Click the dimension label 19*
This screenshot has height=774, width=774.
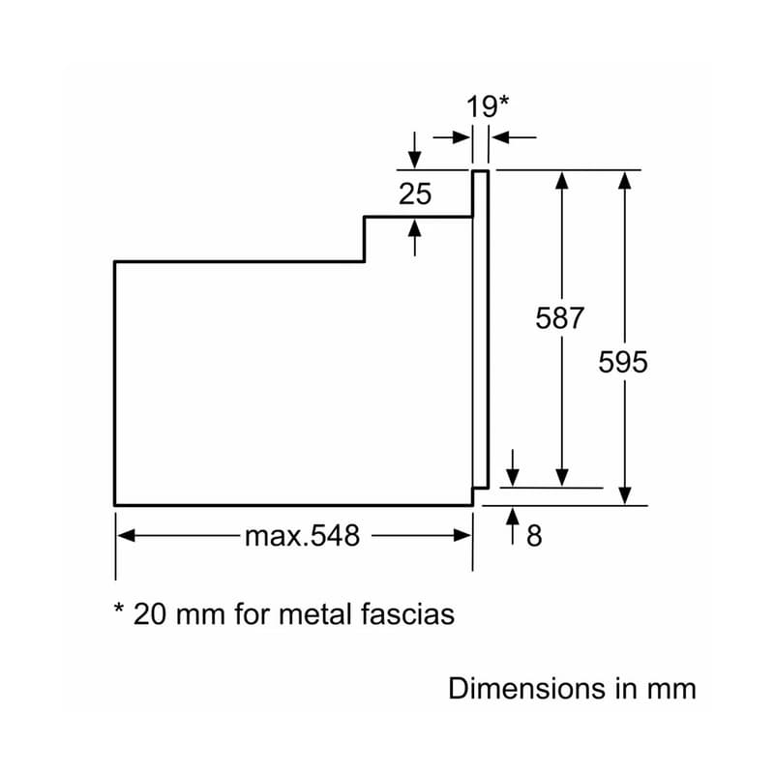click(488, 105)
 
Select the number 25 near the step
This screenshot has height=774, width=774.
click(415, 193)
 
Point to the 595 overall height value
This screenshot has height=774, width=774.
click(622, 362)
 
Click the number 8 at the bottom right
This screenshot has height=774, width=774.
click(534, 536)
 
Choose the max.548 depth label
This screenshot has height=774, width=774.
click(301, 535)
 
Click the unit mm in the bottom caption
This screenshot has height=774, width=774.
click(671, 689)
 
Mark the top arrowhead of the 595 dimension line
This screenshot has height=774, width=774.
click(626, 179)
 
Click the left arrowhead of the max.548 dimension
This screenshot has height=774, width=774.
click(124, 535)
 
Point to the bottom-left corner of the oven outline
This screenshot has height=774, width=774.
click(115, 504)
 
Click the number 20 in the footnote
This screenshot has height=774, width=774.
click(150, 613)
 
